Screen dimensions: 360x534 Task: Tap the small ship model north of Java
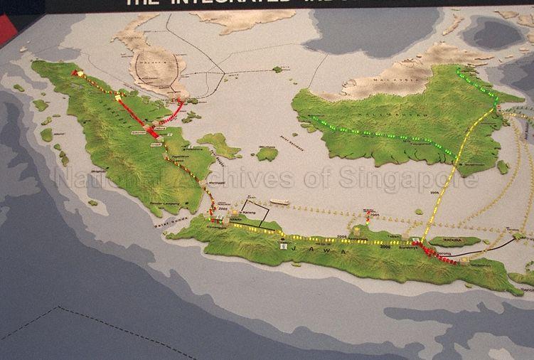pos(279,202)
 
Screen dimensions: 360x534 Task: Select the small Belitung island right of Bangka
pos(267,153)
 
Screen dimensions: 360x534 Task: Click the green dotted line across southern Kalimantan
pos(377,134)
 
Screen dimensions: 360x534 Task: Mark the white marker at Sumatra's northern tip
pos(80,73)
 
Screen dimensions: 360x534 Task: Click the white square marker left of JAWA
pos(284,247)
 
